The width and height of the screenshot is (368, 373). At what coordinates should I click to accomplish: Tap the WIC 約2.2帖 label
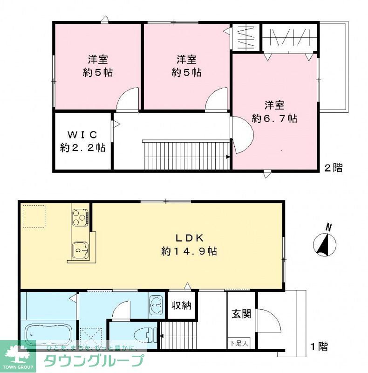tap(82, 141)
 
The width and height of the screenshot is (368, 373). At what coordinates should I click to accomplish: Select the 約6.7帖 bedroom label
tap(274, 112)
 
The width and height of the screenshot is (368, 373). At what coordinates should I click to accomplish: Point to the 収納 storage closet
tap(181, 306)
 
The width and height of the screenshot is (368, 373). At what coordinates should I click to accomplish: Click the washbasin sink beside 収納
tap(157, 306)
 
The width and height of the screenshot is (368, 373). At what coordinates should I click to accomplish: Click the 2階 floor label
tap(333, 168)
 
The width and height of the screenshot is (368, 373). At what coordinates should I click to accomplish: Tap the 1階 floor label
tap(319, 346)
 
